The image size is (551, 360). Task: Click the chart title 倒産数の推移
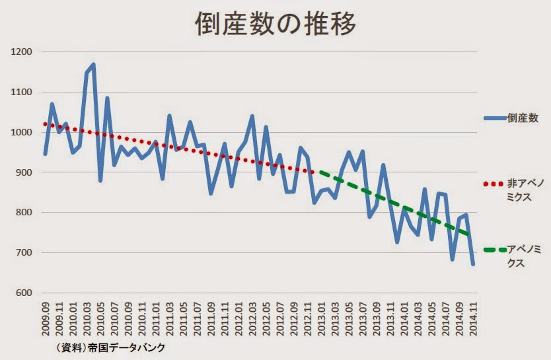(276, 24)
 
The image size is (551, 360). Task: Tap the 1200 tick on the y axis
(21, 52)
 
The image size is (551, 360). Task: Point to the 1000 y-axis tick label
(21, 132)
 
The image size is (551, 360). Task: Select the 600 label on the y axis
(24, 293)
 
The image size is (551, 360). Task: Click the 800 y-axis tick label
(24, 213)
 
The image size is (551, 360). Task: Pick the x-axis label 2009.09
(46, 318)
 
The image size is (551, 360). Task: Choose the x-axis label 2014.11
(472, 318)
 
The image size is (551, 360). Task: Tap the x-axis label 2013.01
(321, 318)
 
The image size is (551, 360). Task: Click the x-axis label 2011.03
(170, 318)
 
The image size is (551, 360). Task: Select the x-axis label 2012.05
(266, 318)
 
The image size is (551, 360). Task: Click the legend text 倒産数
(523, 118)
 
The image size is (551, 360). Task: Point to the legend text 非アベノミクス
(525, 190)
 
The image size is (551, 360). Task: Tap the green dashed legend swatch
(495, 250)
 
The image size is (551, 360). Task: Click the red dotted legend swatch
(494, 184)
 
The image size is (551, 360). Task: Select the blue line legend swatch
(495, 118)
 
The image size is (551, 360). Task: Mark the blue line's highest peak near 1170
(93, 64)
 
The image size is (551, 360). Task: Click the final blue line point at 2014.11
(473, 264)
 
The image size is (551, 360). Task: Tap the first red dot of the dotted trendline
(45, 124)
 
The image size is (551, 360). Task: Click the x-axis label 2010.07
(114, 318)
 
